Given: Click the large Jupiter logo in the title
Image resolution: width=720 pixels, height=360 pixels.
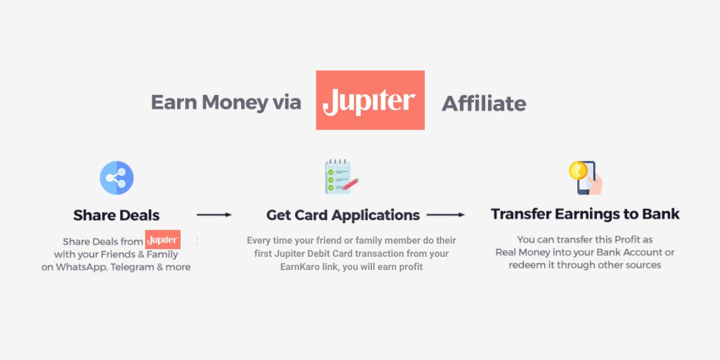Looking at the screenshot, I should pyautogui.click(x=370, y=100).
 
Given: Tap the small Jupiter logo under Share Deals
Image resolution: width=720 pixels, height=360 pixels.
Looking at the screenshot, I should pyautogui.click(x=163, y=239).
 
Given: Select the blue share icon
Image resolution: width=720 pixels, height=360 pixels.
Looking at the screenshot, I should pyautogui.click(x=116, y=178).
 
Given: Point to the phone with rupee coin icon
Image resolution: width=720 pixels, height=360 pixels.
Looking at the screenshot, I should pyautogui.click(x=586, y=178).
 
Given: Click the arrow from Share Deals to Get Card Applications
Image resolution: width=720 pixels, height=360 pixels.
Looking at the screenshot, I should pyautogui.click(x=214, y=214).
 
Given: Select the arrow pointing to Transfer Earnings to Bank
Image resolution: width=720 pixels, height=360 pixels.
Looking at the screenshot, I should pyautogui.click(x=445, y=214).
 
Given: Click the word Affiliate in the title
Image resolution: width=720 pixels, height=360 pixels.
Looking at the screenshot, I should pyautogui.click(x=484, y=104).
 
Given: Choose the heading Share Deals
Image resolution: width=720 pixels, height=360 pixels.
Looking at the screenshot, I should pyautogui.click(x=116, y=215).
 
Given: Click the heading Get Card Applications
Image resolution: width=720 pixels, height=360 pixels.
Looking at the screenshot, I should pyautogui.click(x=343, y=215).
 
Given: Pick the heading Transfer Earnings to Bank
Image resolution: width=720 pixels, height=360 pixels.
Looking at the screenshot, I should pyautogui.click(x=585, y=214).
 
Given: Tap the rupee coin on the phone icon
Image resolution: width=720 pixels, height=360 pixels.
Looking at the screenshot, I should pyautogui.click(x=577, y=170).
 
